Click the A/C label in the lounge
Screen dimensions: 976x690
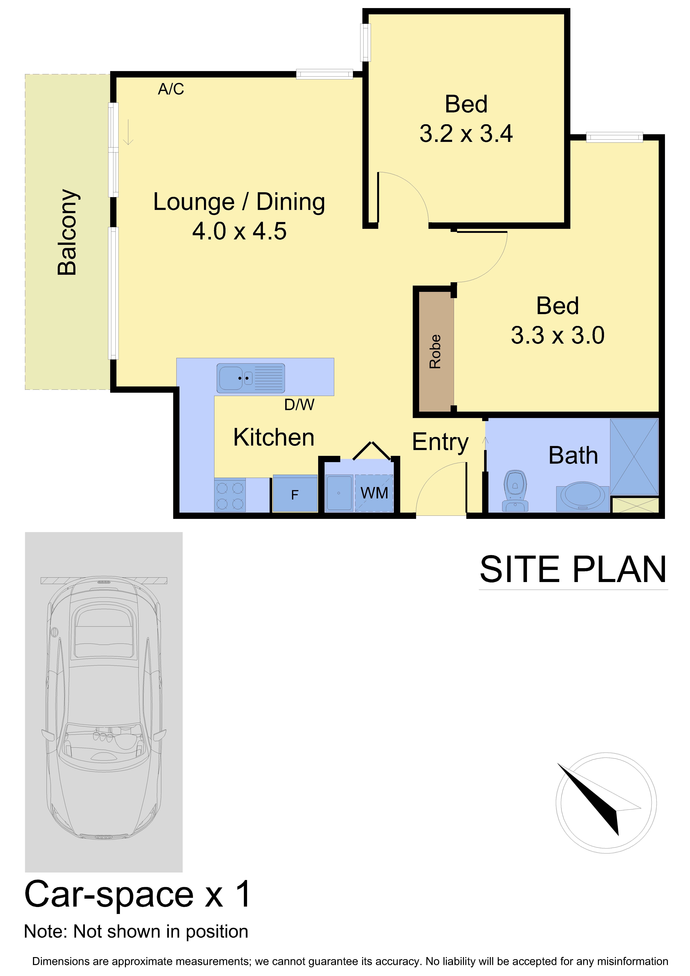point(171,89)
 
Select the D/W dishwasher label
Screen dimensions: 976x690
point(299,405)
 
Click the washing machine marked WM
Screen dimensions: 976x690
point(374,493)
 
